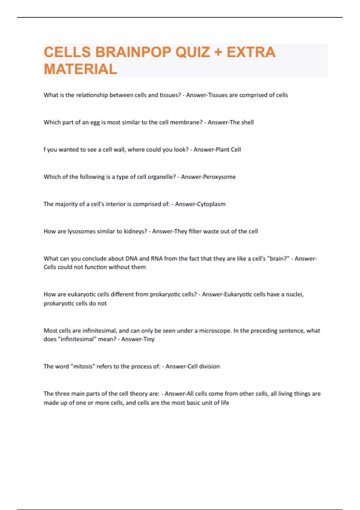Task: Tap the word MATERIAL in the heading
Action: (80, 69)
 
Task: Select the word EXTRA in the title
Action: (251, 52)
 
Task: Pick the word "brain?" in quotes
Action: (278, 259)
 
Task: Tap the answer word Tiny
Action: (149, 339)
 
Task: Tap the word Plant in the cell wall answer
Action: (223, 149)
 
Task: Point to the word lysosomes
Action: (81, 231)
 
